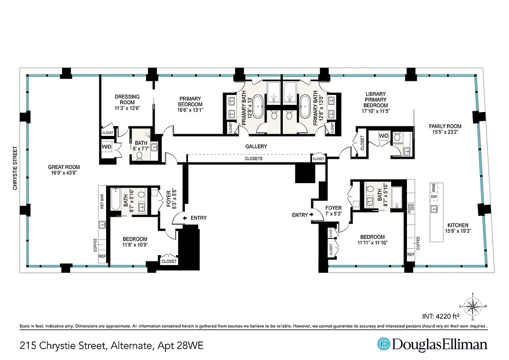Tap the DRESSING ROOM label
pos(127,96)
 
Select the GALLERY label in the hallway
pos(256,146)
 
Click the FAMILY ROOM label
pos(445,126)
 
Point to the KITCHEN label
pos(457,225)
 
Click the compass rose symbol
pos(472,307)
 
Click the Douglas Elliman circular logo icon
pos(383,344)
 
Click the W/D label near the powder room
pos(383,135)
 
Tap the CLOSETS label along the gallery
pos(253,159)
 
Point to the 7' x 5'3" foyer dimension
pos(334,214)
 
